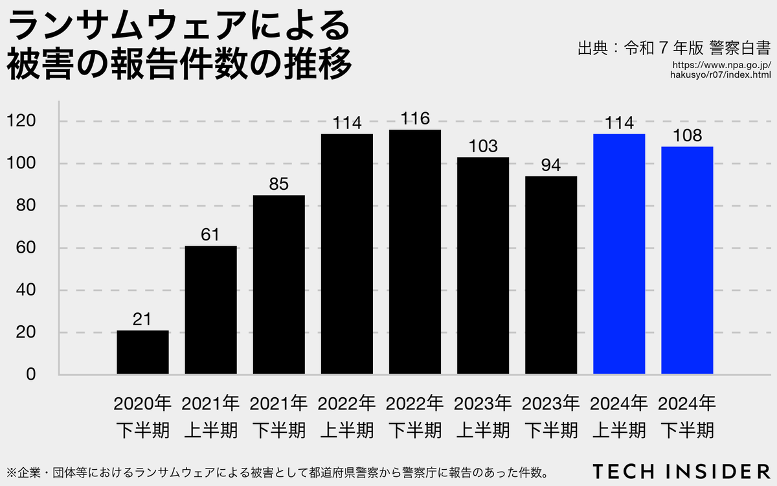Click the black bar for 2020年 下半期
[x=142, y=353]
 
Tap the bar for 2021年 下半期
[x=278, y=285]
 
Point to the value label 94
[x=550, y=165]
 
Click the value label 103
[x=482, y=146]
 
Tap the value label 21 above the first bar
[x=142, y=319]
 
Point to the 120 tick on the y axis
[x=25, y=121]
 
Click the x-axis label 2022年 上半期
[x=346, y=417]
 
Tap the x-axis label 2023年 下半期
[x=550, y=417]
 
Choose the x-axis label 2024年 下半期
[x=687, y=417]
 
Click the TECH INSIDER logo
[x=681, y=470]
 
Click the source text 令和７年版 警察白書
[x=673, y=47]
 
